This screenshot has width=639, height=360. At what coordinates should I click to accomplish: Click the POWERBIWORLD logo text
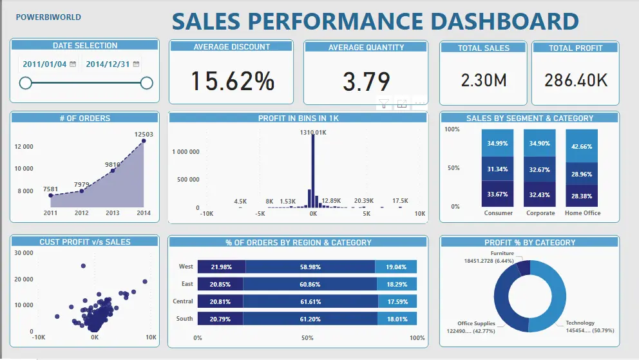(48, 17)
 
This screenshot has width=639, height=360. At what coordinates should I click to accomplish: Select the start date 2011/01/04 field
(44, 64)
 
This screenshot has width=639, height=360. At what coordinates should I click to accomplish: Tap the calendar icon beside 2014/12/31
(136, 64)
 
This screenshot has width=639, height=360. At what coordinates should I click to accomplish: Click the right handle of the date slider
(147, 83)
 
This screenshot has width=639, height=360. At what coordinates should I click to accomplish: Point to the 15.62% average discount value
(233, 81)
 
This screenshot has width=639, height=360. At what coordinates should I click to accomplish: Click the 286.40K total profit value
(576, 81)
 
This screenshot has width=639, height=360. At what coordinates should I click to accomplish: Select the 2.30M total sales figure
(484, 81)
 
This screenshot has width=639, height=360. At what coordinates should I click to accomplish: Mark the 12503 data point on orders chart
(144, 141)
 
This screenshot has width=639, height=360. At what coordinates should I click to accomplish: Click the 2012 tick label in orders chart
(82, 213)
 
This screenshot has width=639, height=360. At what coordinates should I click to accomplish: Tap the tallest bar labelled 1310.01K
(313, 171)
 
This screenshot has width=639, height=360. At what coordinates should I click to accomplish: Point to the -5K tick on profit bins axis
(260, 213)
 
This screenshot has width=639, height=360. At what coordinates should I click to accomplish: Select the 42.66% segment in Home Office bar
(582, 146)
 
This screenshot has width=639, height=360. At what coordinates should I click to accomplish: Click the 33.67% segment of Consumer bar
(497, 194)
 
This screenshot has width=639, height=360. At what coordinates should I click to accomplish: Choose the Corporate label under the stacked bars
(540, 213)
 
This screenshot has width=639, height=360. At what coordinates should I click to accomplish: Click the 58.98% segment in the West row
(310, 267)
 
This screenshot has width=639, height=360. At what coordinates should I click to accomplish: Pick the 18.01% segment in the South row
(397, 319)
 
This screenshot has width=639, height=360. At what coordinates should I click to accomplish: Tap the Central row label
(182, 301)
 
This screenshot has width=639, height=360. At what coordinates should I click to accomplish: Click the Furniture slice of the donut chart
(524, 269)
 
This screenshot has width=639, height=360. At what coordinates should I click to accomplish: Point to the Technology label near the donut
(580, 323)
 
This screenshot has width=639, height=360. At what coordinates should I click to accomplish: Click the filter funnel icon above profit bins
(384, 104)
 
